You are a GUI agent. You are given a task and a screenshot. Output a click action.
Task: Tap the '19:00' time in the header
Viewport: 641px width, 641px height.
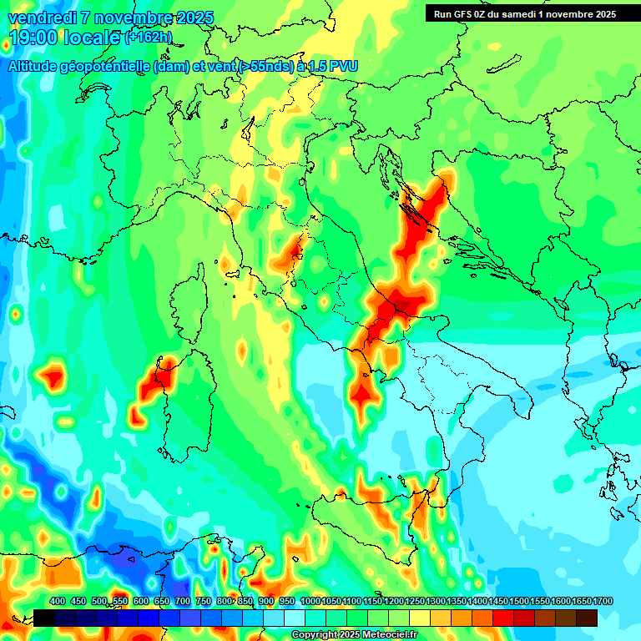click(x=32, y=38)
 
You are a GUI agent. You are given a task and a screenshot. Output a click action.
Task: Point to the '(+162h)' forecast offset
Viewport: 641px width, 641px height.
click(x=148, y=38)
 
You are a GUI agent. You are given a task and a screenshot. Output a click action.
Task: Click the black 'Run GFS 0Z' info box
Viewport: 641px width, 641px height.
click(x=524, y=13)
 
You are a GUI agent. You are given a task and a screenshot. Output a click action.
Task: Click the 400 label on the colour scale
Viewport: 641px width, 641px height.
click(x=58, y=601)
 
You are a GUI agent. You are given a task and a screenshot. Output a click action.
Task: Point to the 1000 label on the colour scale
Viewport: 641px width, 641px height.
click(x=310, y=601)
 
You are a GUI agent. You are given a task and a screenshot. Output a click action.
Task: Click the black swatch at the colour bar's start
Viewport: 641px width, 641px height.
click(x=44, y=618)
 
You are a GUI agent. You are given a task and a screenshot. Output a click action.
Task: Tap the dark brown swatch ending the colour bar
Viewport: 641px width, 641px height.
click(x=586, y=618)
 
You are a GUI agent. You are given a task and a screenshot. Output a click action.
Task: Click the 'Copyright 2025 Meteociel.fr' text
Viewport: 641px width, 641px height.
click(x=354, y=634)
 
